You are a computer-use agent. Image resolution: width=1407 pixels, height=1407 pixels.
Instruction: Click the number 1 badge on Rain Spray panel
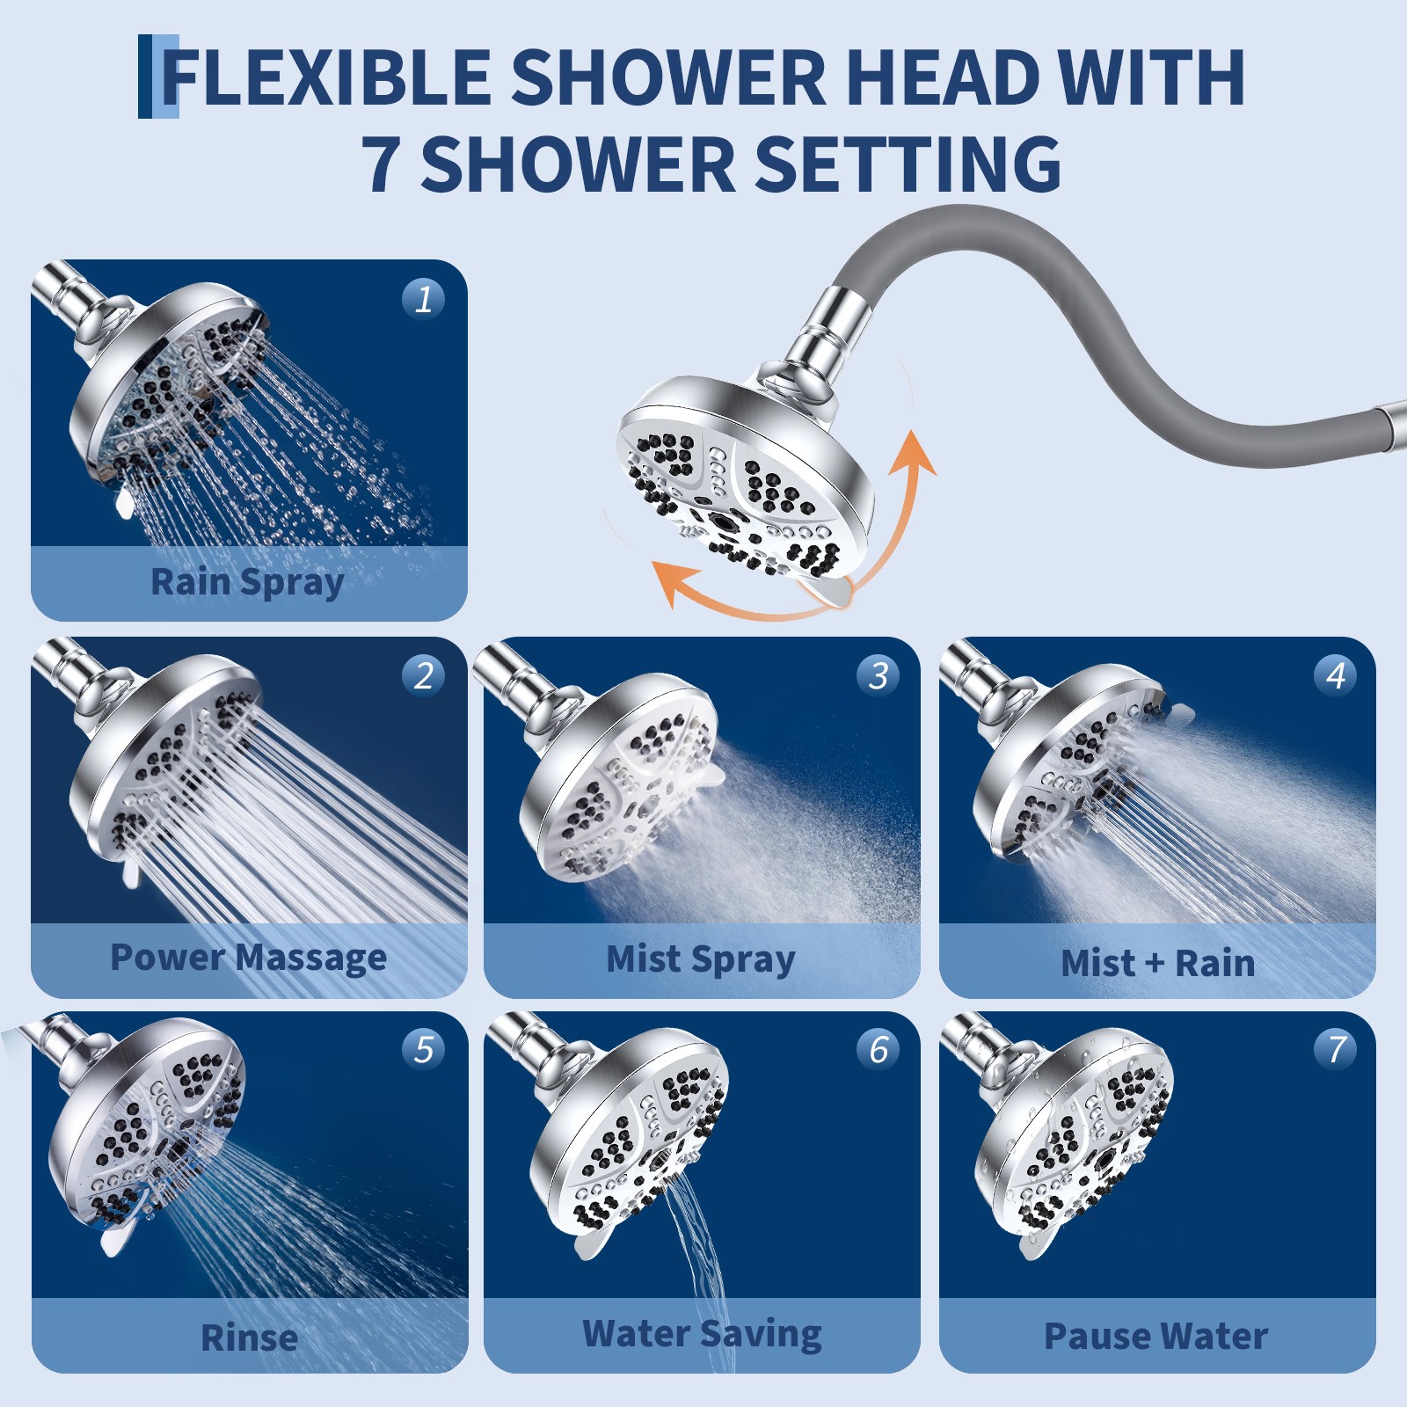[423, 299]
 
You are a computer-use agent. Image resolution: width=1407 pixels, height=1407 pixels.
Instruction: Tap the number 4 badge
[1335, 675]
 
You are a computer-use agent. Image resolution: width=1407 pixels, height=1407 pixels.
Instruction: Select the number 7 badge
[1335, 1049]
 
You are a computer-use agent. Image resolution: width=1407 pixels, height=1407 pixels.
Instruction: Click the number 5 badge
[423, 1049]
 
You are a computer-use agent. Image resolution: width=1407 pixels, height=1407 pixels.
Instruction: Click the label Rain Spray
[247, 583]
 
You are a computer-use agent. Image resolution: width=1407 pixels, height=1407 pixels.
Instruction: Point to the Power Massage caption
[249, 958]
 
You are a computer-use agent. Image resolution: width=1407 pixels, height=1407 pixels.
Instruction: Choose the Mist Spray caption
[701, 959]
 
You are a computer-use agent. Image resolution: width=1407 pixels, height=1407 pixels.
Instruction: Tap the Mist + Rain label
[1157, 963]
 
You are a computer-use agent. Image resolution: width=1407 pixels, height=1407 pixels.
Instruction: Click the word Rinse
[249, 1338]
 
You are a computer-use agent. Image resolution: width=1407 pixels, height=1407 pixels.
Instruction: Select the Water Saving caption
[702, 1334]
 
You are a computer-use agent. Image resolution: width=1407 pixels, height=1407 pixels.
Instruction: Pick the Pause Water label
[1155, 1337]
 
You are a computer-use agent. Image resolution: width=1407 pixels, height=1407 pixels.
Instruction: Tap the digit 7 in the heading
[380, 164]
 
